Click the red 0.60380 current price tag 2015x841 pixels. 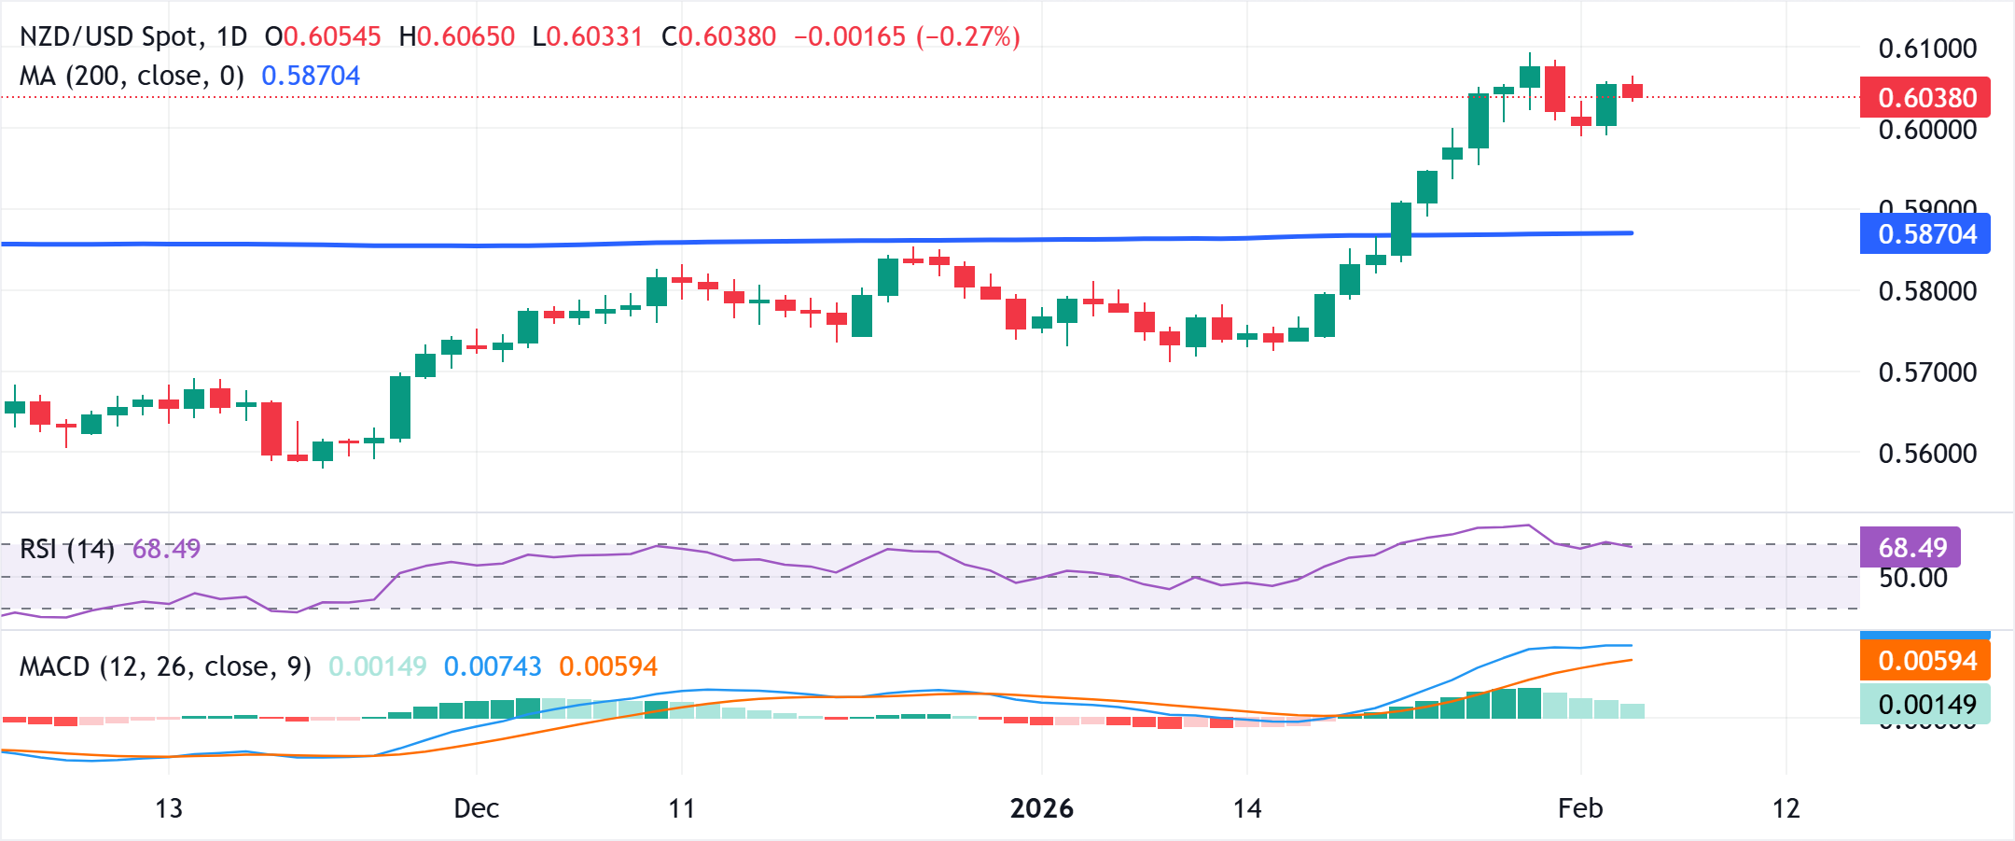pyautogui.click(x=1925, y=97)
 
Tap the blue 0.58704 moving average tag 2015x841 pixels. pyautogui.click(x=1925, y=233)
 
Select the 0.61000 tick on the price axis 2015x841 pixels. pyautogui.click(x=1927, y=49)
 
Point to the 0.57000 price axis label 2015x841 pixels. pyautogui.click(x=1927, y=372)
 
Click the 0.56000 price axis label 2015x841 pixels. pyautogui.click(x=1927, y=454)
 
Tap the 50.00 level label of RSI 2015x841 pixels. pyautogui.click(x=1912, y=578)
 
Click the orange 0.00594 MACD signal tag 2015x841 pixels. pyautogui.click(x=1925, y=661)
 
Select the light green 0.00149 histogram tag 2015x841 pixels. pyautogui.click(x=1925, y=704)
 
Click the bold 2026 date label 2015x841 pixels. pyautogui.click(x=1041, y=808)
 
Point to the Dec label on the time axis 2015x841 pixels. pyautogui.click(x=476, y=808)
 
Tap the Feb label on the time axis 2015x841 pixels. pyautogui.click(x=1580, y=808)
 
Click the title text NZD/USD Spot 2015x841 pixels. pyautogui.click(x=110, y=36)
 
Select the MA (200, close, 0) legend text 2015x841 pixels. pyautogui.click(x=132, y=76)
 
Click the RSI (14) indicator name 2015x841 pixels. pyautogui.click(x=66, y=549)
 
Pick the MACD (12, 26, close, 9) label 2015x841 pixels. pyautogui.click(x=165, y=666)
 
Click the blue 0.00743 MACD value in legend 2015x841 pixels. pyautogui.click(x=493, y=666)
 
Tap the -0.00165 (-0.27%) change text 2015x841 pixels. pyautogui.click(x=907, y=36)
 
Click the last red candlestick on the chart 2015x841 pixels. pyautogui.click(x=1633, y=91)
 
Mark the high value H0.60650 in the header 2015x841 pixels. pyautogui.click(x=457, y=36)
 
